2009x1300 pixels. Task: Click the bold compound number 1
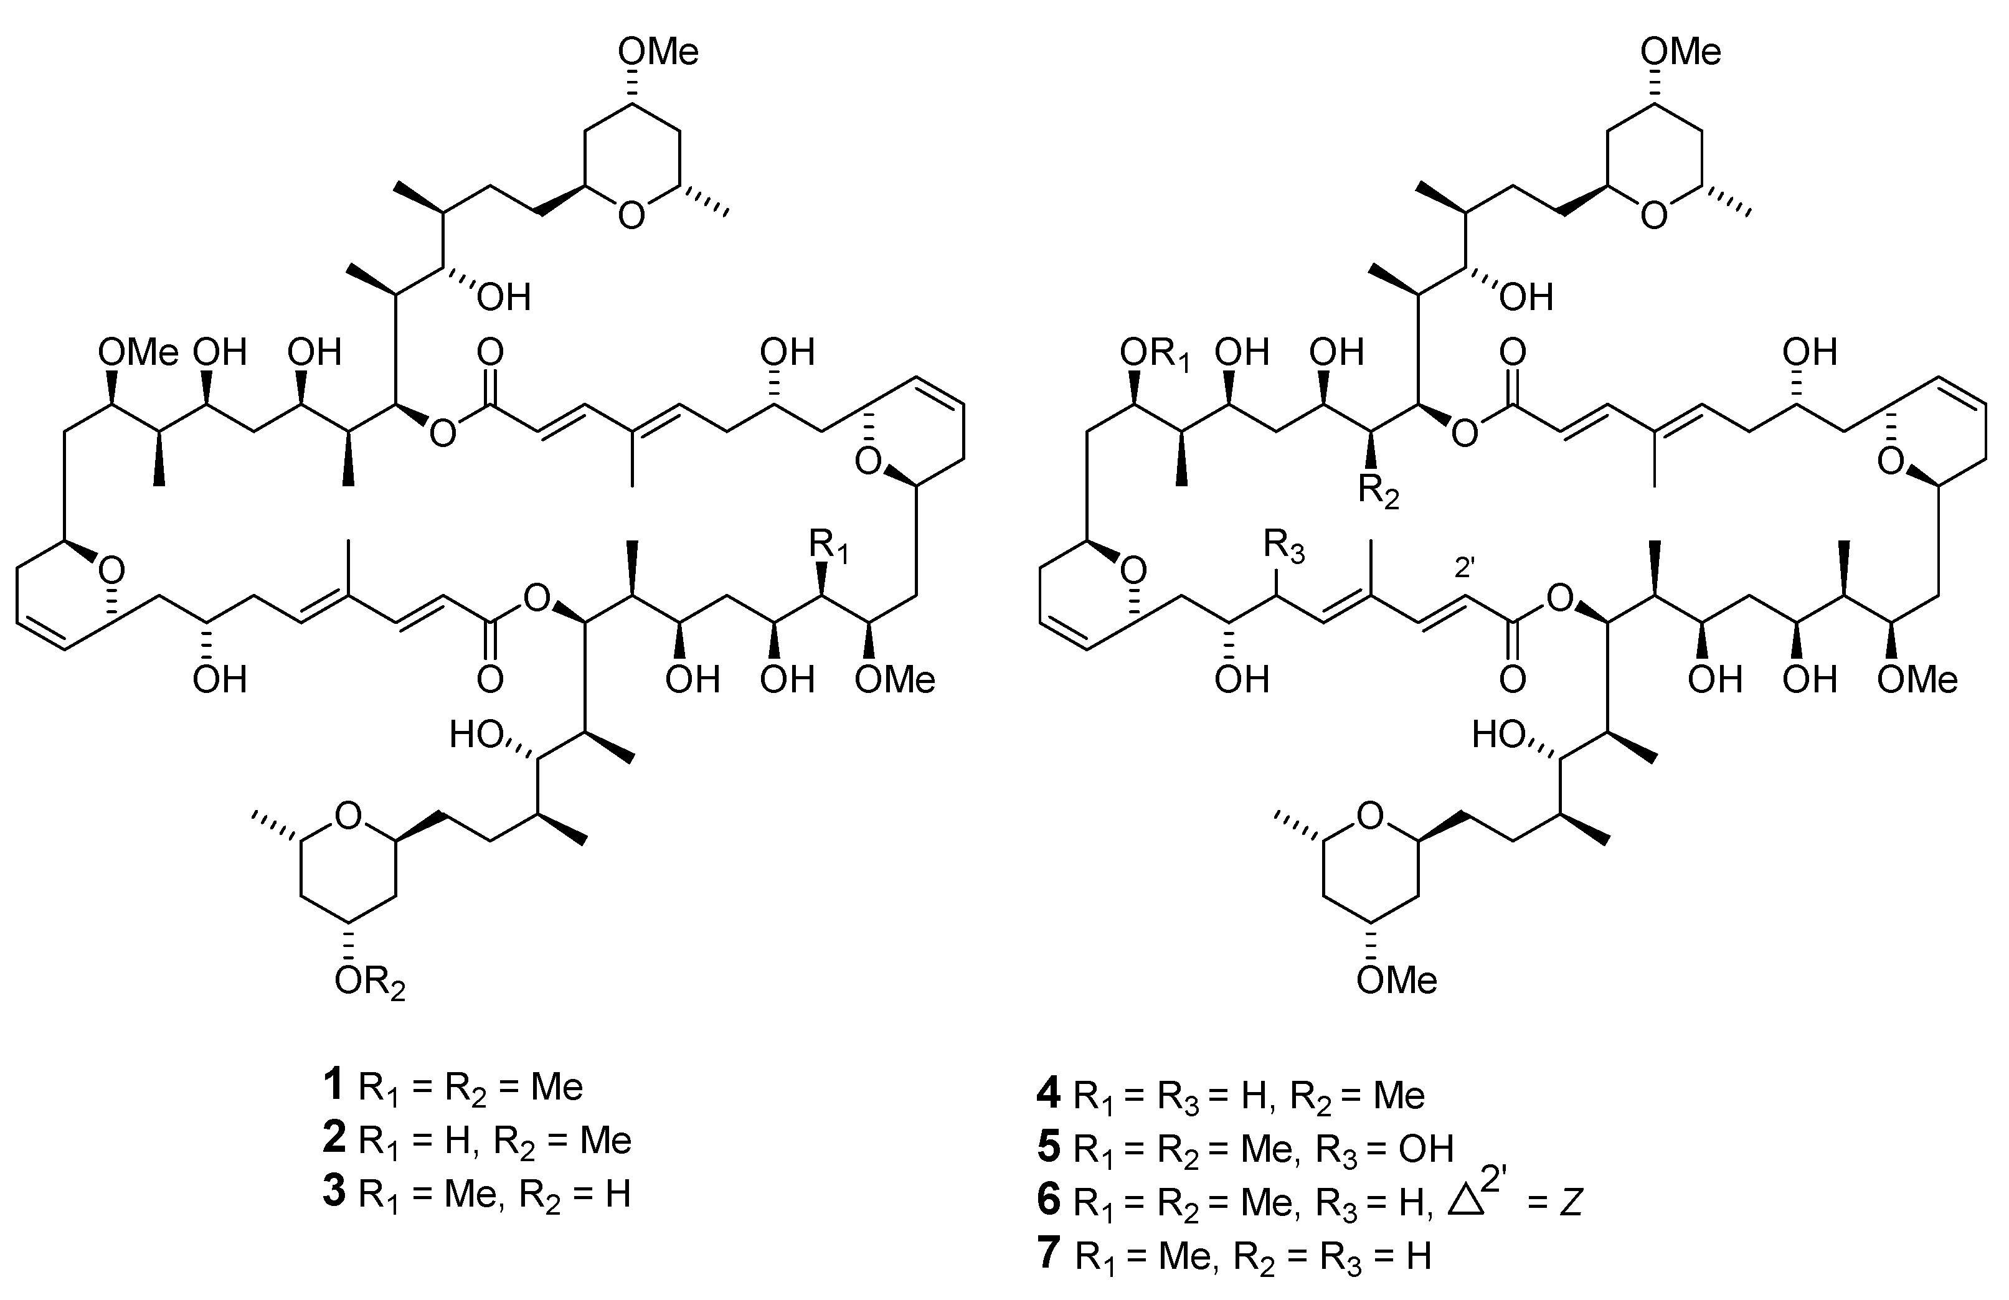[333, 1085]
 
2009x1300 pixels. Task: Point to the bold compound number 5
[1048, 1148]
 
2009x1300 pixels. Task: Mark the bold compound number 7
[1048, 1255]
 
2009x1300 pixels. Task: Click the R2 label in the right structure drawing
[1378, 492]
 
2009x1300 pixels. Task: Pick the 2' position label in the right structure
[1465, 568]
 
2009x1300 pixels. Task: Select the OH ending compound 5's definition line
[1425, 1148]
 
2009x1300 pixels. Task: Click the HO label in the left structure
[477, 735]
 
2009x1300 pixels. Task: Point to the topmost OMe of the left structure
[658, 52]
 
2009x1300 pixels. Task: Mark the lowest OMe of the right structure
[1397, 980]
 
